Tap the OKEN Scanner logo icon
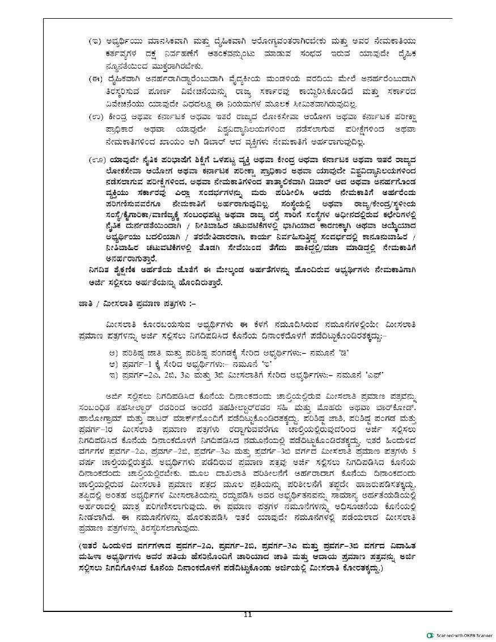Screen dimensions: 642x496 click(x=430, y=635)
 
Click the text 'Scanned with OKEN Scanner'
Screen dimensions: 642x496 click(x=464, y=635)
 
